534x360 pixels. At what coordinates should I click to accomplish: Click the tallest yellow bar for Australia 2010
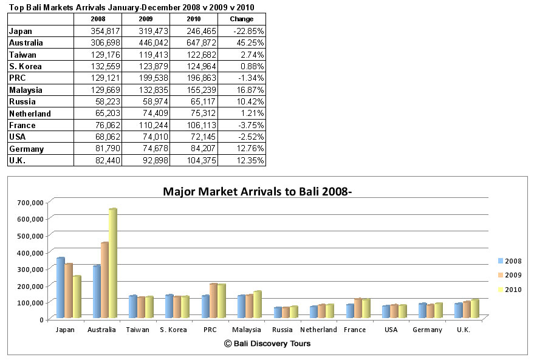point(112,264)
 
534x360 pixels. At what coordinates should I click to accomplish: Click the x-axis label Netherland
point(318,330)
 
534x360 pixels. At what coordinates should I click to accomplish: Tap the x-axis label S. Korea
point(173,330)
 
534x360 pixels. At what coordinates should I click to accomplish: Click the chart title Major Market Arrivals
point(258,192)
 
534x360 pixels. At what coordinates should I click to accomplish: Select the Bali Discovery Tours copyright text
point(267,344)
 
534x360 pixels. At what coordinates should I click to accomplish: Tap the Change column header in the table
point(242,19)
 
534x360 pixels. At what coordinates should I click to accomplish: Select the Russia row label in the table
point(23,101)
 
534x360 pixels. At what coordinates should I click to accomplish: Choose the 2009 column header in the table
point(145,19)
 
